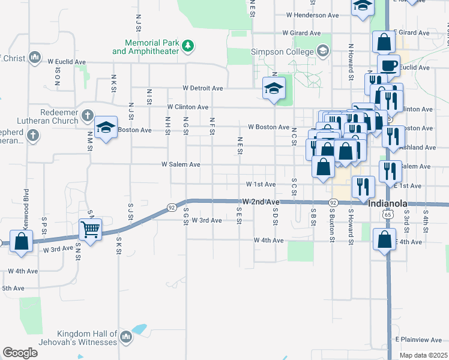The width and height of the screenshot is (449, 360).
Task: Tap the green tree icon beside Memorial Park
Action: [x=188, y=45]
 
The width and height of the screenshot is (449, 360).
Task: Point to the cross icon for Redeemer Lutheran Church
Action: [x=86, y=115]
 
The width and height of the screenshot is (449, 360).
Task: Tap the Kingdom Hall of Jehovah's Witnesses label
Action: [x=87, y=338]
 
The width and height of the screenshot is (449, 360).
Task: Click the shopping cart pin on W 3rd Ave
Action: [x=90, y=228]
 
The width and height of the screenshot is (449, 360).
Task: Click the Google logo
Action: [x=20, y=353]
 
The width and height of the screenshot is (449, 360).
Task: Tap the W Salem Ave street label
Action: [x=181, y=164]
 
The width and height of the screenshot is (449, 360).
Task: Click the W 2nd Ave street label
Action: [x=261, y=202]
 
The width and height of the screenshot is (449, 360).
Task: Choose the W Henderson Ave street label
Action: [x=313, y=15]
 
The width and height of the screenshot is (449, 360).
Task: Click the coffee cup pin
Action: [x=388, y=65]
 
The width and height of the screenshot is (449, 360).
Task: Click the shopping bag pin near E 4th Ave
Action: [x=384, y=239]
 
